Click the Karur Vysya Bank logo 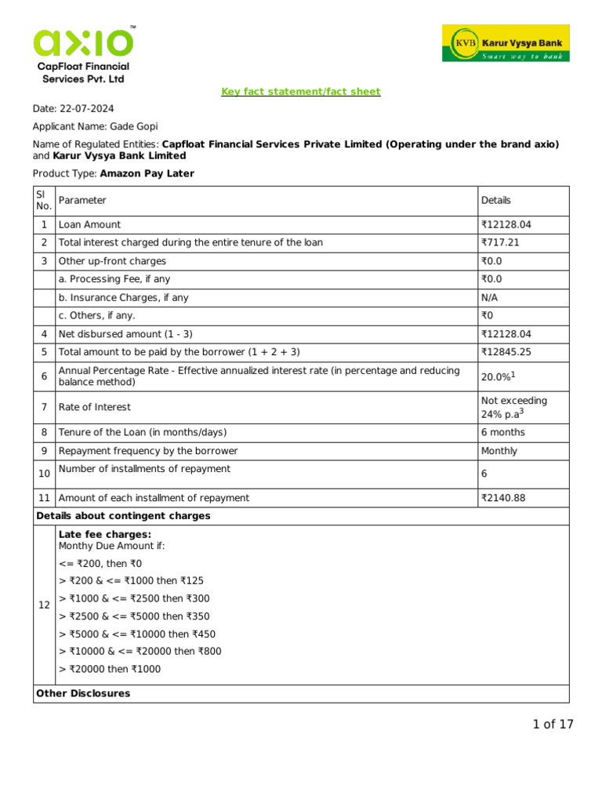coord(506,43)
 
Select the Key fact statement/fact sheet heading coord(301,92)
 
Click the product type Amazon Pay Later coord(147,173)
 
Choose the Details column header coord(495,201)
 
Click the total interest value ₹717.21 coord(500,243)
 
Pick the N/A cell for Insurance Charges coord(489,298)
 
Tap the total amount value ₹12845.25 coord(506,353)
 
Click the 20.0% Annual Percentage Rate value coord(497,377)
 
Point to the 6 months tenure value coord(502,433)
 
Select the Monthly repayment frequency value coord(499,452)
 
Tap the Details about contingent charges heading coord(123,516)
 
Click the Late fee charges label coord(105,535)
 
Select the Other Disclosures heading coord(83,694)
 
